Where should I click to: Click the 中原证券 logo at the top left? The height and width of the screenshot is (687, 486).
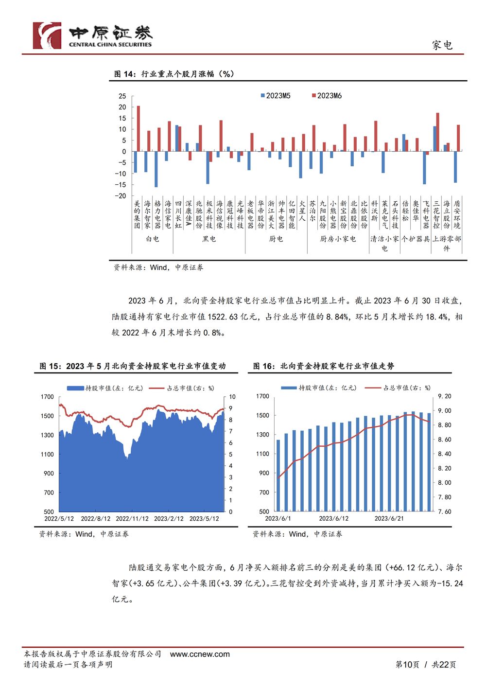92,35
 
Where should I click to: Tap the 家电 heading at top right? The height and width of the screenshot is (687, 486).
442,45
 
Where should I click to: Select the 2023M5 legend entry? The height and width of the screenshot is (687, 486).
276,96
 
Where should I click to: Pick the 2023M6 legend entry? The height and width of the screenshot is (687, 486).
327,96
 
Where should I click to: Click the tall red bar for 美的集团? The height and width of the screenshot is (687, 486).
139,128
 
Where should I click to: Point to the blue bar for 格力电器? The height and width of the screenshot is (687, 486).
156,169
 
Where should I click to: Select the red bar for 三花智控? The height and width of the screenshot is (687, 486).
437,132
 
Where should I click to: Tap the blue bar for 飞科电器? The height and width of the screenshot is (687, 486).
424,167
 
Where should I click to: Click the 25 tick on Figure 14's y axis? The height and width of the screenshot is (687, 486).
122,96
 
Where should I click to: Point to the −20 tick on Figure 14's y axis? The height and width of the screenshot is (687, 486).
121,195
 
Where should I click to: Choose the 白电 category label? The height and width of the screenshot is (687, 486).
153,239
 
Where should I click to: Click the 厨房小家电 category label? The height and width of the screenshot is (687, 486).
338,239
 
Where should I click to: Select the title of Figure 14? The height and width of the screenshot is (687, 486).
174,74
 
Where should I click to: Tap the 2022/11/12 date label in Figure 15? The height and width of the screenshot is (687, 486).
132,518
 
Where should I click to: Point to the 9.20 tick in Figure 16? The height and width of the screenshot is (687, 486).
444,396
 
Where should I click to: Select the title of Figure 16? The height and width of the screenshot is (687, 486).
324,366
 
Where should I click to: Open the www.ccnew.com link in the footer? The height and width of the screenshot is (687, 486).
200,654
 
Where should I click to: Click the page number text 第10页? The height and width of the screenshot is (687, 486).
407,664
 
